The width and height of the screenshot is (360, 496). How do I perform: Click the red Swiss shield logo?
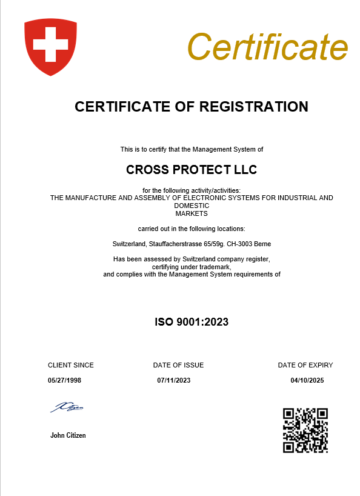click(50, 46)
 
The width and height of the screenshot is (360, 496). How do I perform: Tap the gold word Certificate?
click(267, 45)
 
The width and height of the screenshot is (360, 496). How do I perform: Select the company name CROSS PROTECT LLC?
click(192, 170)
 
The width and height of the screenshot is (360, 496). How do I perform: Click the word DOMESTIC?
click(192, 206)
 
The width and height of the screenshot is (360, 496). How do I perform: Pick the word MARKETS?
click(192, 213)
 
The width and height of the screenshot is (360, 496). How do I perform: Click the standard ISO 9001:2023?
click(192, 322)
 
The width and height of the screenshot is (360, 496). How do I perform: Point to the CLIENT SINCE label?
click(71, 365)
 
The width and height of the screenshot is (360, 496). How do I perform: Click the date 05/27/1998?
click(64, 380)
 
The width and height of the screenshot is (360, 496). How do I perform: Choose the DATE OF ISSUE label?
click(178, 365)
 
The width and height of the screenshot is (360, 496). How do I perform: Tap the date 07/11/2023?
click(174, 380)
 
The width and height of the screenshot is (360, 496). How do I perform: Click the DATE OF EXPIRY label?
click(305, 365)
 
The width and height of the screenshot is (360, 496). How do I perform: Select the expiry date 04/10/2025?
click(308, 380)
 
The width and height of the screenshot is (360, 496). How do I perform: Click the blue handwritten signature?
click(67, 407)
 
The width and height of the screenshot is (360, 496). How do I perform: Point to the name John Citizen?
click(68, 435)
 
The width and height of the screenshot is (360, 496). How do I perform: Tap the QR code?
click(305, 430)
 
